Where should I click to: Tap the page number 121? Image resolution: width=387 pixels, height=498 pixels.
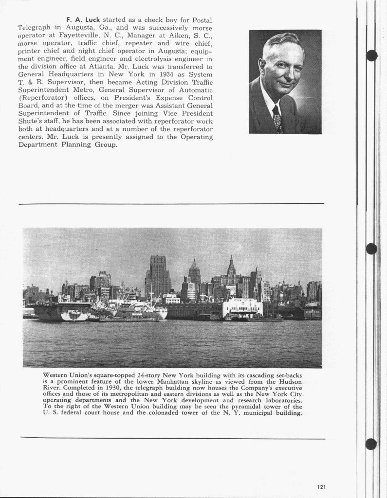coord(321,486)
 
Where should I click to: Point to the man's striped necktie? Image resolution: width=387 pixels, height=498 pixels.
coord(277,120)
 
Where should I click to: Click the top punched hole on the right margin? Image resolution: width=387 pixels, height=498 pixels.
coord(371,55)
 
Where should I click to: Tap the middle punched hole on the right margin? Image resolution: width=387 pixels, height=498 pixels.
coord(371,249)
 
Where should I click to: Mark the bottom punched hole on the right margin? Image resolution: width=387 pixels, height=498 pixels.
coord(371,444)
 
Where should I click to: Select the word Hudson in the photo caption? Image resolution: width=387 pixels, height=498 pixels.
coord(288,382)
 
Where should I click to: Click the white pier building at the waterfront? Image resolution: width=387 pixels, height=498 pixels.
coord(242,308)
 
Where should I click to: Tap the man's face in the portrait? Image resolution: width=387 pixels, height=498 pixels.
coord(282,66)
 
